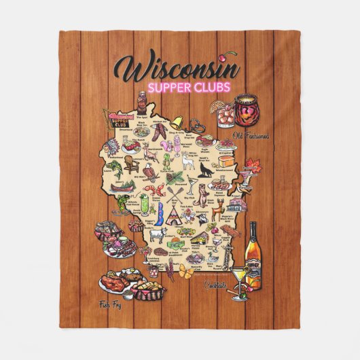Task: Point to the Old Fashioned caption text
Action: [250, 136]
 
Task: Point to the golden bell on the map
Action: [177, 123]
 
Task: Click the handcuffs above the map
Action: [196, 125]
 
